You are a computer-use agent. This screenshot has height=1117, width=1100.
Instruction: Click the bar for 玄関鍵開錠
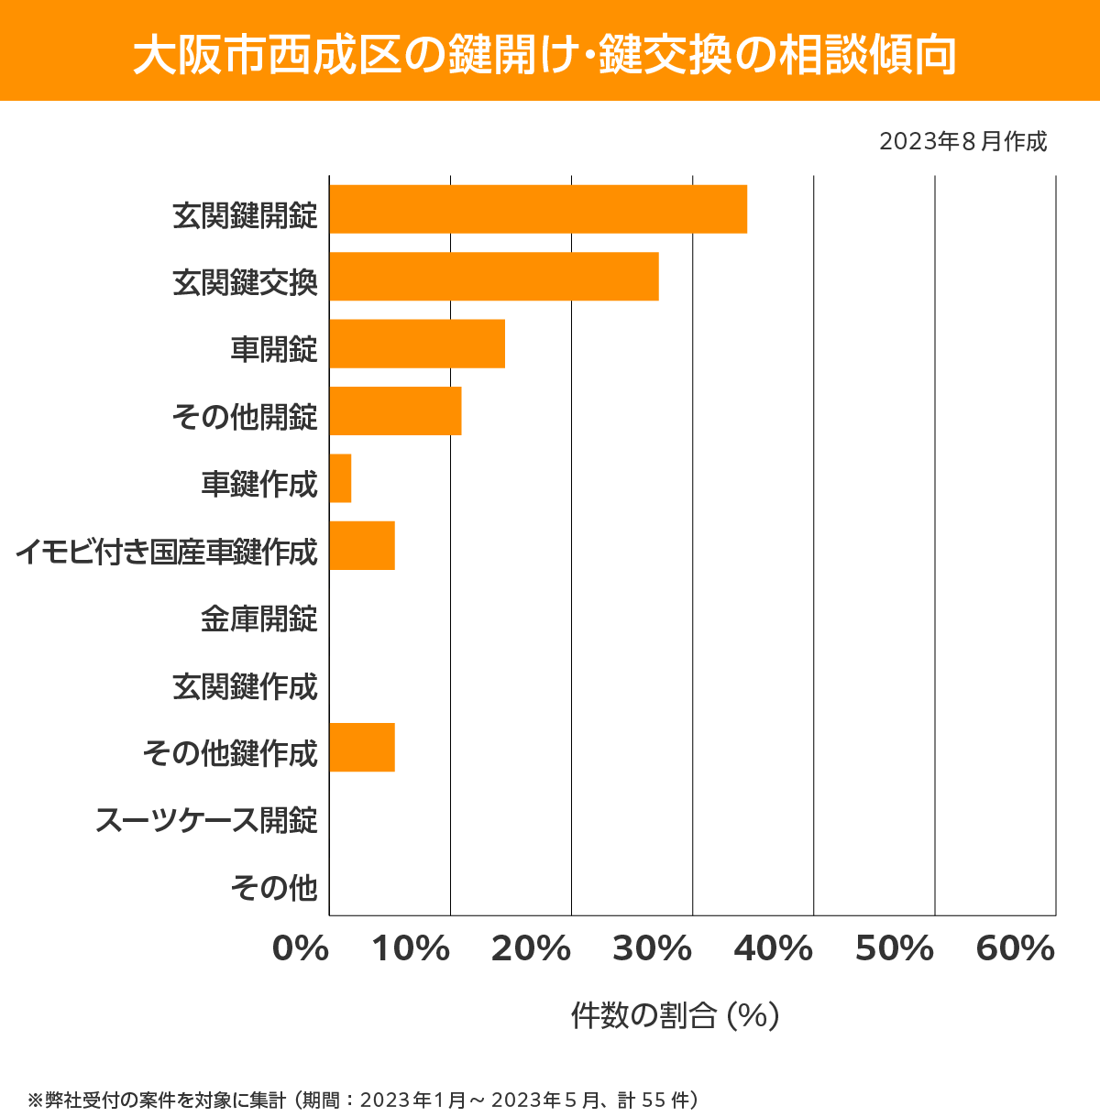tap(538, 209)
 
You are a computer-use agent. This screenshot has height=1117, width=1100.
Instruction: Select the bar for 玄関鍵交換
tap(494, 276)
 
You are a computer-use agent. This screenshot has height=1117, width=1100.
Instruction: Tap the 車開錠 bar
tap(417, 344)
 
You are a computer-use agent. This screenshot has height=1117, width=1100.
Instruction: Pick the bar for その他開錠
tap(395, 411)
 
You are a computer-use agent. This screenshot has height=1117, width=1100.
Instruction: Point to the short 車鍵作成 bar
tap(340, 478)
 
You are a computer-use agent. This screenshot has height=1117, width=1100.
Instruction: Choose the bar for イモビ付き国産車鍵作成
tap(362, 545)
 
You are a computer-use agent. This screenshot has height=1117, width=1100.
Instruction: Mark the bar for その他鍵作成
tap(362, 747)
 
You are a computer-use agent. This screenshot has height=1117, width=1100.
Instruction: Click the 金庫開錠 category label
tap(259, 619)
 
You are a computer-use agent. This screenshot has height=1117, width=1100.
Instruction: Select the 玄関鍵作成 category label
tap(245, 686)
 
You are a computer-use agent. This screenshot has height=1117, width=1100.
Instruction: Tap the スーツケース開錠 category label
tap(206, 820)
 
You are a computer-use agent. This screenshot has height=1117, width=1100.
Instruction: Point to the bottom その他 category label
tap(274, 887)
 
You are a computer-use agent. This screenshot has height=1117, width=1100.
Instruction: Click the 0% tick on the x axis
tap(301, 949)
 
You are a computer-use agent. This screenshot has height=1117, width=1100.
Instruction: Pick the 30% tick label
tap(652, 949)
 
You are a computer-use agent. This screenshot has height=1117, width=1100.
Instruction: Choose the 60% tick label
tap(1016, 949)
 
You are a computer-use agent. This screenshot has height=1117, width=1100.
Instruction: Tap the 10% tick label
tap(411, 949)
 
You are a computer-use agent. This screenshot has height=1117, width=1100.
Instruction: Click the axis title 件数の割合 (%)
tap(675, 1015)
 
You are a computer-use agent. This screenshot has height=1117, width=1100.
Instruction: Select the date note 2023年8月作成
tap(962, 142)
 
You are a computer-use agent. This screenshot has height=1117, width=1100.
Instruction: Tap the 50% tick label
tap(895, 949)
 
